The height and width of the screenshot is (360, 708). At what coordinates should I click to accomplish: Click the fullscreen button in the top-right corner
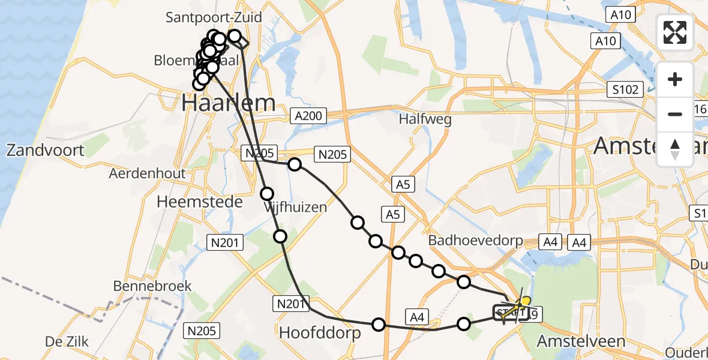[x=675, y=32]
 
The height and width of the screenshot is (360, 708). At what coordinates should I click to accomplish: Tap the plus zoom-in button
[x=675, y=80]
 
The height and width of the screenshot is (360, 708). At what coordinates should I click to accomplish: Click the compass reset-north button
[x=675, y=149]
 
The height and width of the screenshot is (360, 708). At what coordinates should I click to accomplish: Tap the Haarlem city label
[x=229, y=103]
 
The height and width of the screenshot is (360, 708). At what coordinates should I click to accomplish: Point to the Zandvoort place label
[x=46, y=149]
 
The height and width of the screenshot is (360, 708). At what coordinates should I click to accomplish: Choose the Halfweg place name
[x=425, y=119]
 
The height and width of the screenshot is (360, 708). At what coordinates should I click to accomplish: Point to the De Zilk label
[x=67, y=341]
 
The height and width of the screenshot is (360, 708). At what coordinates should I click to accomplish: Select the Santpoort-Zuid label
[x=214, y=17]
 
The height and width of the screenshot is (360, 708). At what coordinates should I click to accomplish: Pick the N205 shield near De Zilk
[x=202, y=330]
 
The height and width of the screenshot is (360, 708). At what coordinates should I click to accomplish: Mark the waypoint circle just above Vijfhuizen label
[x=267, y=193]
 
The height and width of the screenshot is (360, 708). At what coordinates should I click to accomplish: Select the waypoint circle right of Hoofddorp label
[x=379, y=325]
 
